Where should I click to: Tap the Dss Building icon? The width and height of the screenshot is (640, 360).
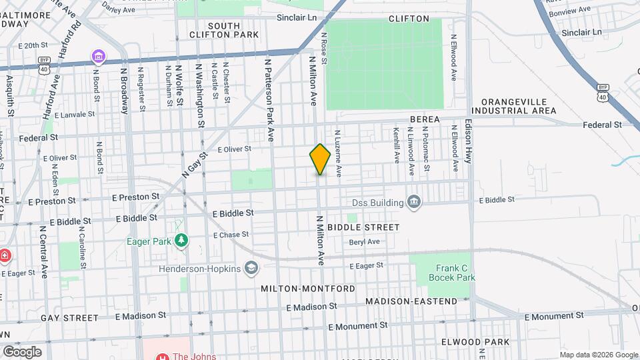click(413, 202)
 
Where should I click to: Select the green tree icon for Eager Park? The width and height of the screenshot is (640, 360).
click(181, 240)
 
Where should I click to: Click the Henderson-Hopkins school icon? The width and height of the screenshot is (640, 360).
click(251, 269)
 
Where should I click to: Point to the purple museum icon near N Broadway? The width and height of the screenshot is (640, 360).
click(98, 56)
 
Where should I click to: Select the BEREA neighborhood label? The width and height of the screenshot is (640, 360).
click(425, 119)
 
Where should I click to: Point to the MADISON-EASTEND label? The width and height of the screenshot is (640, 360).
click(411, 301)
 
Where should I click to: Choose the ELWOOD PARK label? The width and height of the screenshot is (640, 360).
click(475, 342)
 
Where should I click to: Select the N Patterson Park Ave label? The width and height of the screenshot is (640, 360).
click(269, 100)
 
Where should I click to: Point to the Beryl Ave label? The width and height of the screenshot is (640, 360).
click(364, 241)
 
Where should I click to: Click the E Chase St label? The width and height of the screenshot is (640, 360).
click(231, 235)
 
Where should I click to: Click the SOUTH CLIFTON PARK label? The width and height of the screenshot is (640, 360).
click(214, 30)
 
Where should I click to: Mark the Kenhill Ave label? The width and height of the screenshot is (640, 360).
click(396, 146)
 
